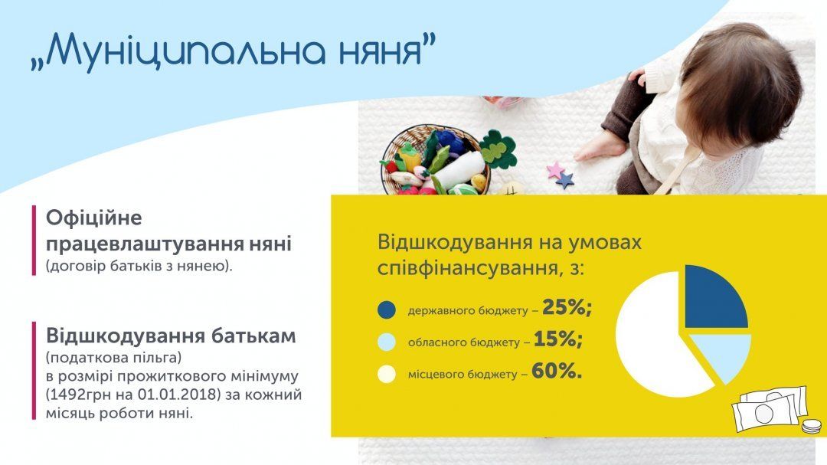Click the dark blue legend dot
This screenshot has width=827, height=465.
click(387, 310)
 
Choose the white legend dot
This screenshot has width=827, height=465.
click(387, 374)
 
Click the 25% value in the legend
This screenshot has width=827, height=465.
click(567, 308)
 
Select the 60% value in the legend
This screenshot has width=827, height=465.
click(557, 372)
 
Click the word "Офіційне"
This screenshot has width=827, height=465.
click(94, 218)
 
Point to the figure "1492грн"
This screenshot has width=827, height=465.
click(78, 395)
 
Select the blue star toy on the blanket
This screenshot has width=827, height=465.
click(564, 181)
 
